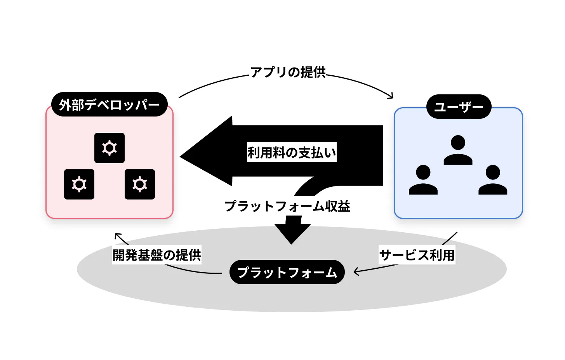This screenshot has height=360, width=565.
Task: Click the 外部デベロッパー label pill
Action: coord(109,104)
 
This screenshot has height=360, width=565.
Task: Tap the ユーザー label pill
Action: coord(459,107)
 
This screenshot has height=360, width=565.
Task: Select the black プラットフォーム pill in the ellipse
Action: coord(287,272)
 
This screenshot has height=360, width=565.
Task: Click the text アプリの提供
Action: coord(288,72)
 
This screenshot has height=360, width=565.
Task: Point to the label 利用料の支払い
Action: coord(292,152)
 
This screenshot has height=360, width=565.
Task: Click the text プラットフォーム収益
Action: coord(287,206)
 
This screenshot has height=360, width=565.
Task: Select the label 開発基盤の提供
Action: coord(157,255)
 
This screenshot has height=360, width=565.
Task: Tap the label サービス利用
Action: coord(417,255)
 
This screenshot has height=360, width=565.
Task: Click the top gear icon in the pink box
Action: coord(110,148)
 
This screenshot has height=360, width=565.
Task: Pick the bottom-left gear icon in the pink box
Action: coord(79,184)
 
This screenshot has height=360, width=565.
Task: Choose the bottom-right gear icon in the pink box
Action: coord(140,184)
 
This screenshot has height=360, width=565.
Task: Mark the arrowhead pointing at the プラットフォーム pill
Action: coord(356,271)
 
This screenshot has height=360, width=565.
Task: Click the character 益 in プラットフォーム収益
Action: coord(344,206)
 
